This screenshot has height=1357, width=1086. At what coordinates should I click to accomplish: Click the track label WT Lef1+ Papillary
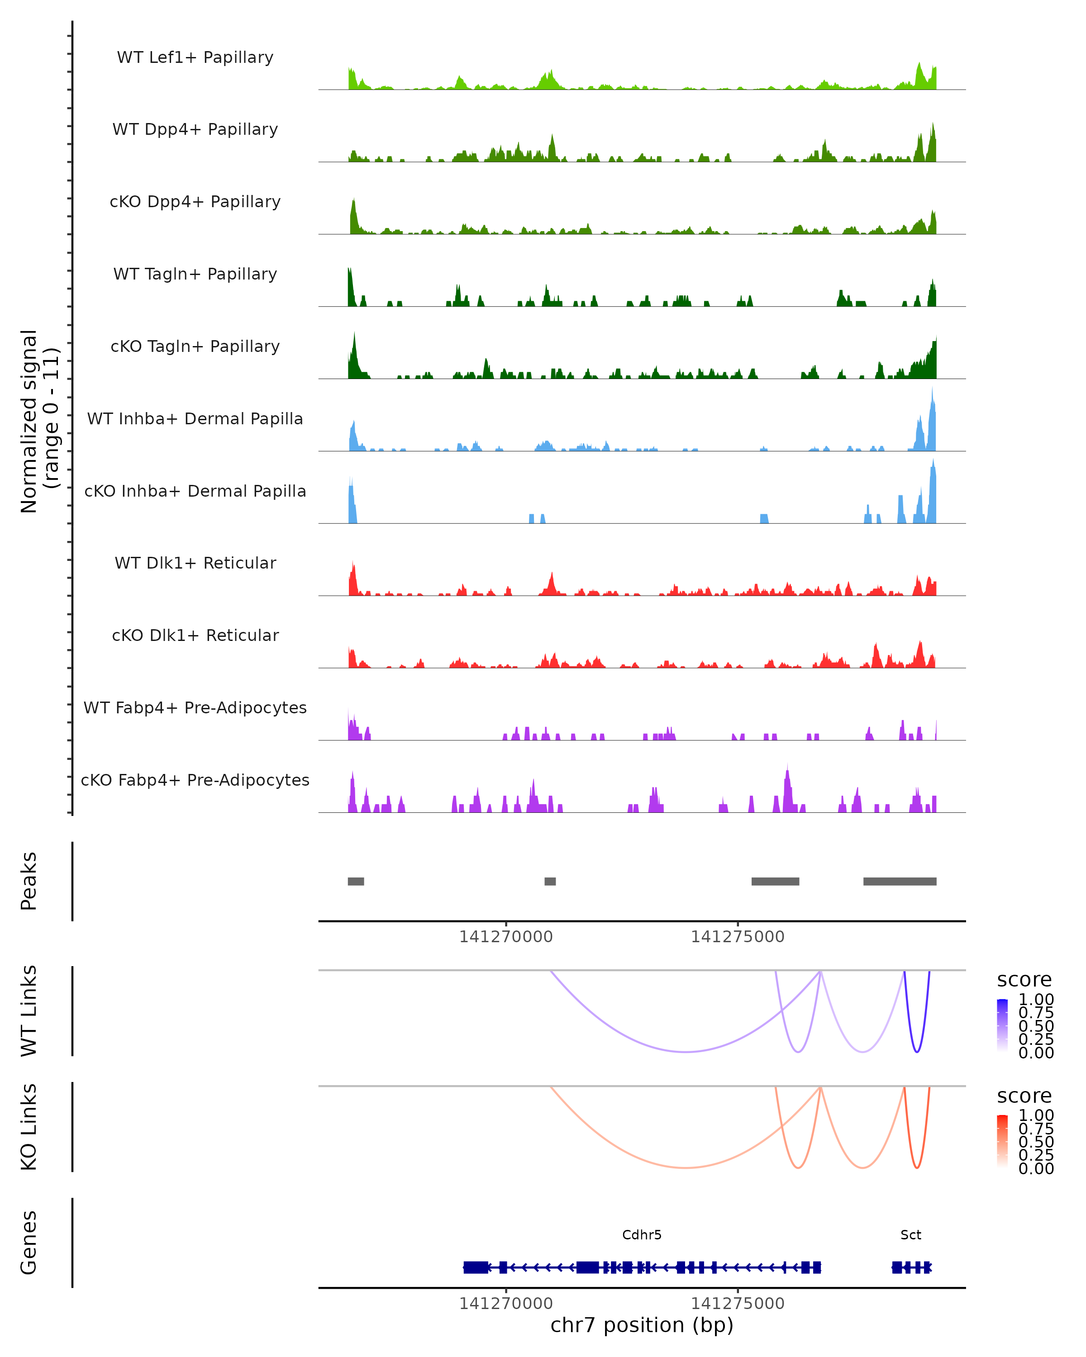[x=195, y=57]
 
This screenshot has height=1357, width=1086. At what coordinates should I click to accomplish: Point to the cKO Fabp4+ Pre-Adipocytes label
[x=195, y=780]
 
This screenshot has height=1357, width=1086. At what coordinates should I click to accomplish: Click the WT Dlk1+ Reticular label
[x=195, y=563]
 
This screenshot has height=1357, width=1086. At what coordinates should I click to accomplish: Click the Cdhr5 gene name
[x=642, y=1235]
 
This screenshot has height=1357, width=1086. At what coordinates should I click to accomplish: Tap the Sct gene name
[x=910, y=1235]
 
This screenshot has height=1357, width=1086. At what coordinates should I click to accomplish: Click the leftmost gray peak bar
[x=356, y=881]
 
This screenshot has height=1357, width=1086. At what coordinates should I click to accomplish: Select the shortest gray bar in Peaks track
[x=550, y=881]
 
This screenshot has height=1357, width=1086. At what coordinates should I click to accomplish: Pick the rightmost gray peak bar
[x=899, y=881]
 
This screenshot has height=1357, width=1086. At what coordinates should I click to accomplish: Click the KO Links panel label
[x=29, y=1127]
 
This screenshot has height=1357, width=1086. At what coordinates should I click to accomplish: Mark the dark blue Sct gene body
[x=911, y=1267]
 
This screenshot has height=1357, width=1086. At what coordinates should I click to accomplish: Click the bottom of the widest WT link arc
[x=686, y=1052]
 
